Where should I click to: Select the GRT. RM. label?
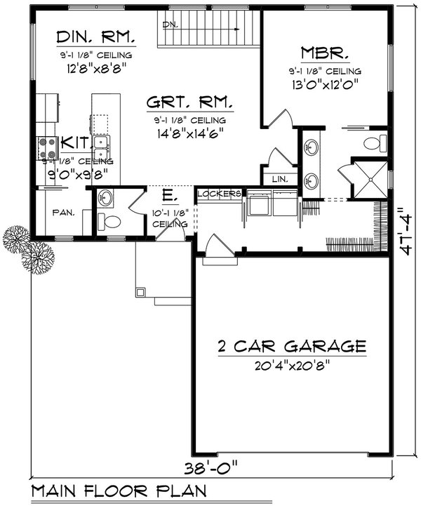(189, 102)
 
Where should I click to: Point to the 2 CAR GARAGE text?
(292, 346)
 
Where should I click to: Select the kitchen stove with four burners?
(48, 147)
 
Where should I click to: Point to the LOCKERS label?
(220, 193)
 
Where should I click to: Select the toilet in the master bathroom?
(374, 144)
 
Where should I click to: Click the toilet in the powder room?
(109, 222)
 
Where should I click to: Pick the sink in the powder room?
(106, 197)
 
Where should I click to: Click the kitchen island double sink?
(101, 148)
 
